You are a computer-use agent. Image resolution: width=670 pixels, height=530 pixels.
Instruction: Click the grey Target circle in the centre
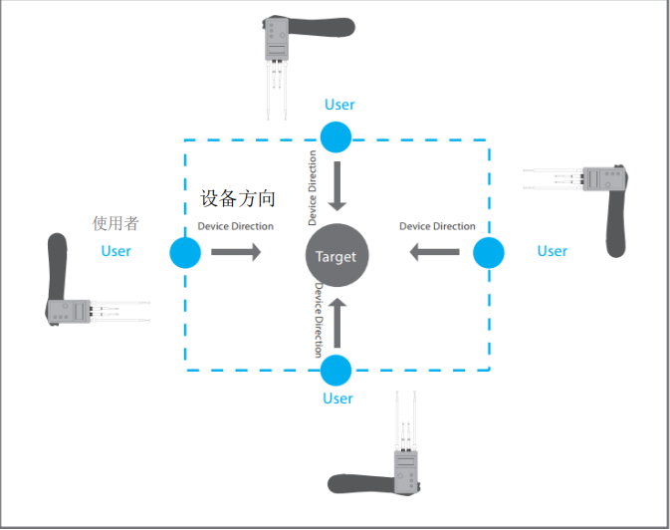[335, 256]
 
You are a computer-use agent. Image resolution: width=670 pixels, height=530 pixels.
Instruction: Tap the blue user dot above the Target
[336, 137]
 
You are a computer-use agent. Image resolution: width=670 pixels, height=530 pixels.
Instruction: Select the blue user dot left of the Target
[185, 253]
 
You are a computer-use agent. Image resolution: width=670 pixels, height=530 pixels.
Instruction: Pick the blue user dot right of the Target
[488, 253]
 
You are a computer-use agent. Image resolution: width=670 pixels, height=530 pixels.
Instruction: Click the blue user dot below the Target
[336, 371]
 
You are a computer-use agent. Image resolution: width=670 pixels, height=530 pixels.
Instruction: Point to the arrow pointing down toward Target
[336, 185]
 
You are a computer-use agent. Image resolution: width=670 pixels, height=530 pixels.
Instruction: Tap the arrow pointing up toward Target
[336, 325]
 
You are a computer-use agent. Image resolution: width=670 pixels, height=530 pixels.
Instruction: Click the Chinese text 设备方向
[238, 199]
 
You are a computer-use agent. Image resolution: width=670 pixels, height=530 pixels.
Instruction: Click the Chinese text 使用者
[115, 223]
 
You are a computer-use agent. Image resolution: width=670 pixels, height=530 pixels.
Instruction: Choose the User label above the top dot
[339, 105]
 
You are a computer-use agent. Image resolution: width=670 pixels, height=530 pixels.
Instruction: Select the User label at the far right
[553, 251]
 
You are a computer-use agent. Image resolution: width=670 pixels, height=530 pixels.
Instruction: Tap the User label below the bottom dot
[337, 398]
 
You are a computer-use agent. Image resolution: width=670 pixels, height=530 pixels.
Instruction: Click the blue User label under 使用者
[115, 251]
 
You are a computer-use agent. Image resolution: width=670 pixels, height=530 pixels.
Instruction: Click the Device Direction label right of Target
[437, 226]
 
